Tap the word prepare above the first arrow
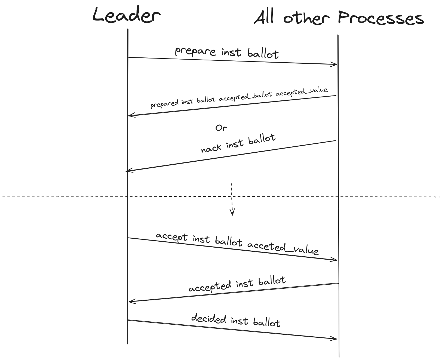[195, 51]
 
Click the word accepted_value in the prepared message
[302, 92]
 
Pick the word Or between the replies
[221, 128]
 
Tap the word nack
[211, 148]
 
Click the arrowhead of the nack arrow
[128, 171]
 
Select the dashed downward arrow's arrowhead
[232, 213]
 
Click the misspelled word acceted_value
[283, 248]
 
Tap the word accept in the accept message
[172, 236]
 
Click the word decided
[208, 318]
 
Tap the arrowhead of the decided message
[335, 339]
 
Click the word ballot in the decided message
[267, 323]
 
